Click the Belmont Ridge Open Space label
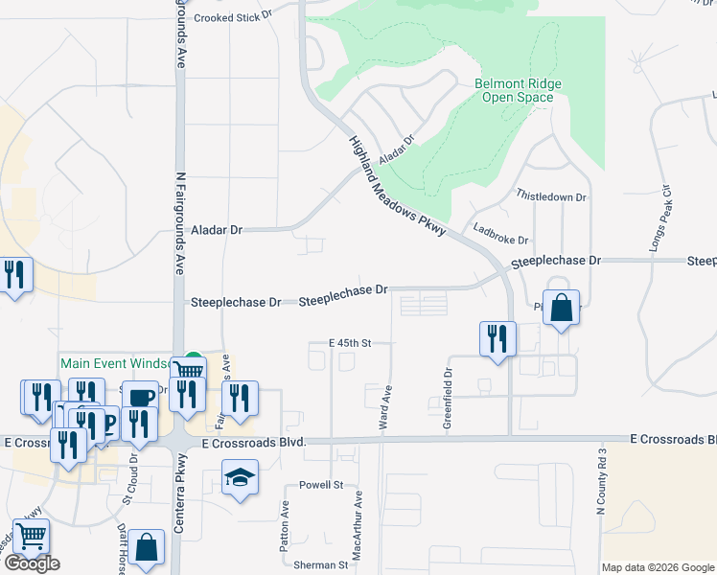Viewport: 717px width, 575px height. (518, 90)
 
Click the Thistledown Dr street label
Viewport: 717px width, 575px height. (551, 196)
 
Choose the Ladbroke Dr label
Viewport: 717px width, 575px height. (501, 234)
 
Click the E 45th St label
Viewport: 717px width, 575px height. (349, 342)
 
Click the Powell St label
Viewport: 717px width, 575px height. (320, 485)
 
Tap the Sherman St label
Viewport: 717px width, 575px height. (321, 565)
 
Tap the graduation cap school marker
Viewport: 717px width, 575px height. (240, 477)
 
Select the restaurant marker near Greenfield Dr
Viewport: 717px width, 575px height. (497, 337)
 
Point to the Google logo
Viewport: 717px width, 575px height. (32, 563)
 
